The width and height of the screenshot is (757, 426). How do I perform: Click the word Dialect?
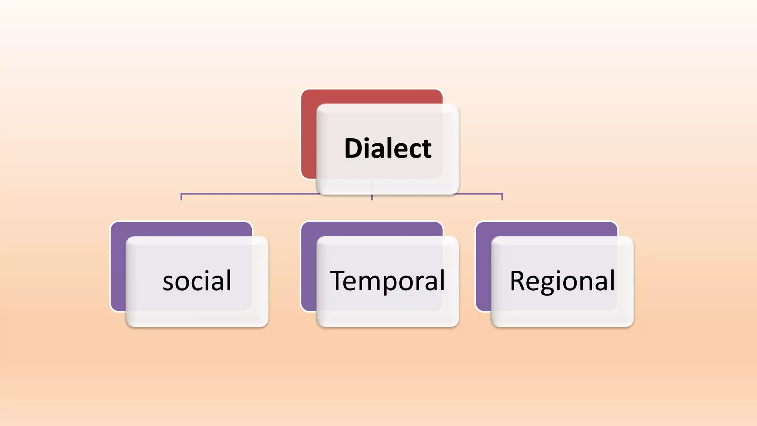(x=387, y=148)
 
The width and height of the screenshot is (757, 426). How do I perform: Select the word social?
(x=197, y=281)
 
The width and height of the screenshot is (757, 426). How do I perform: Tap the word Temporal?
(x=387, y=281)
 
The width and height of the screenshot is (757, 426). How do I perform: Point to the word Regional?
(x=562, y=281)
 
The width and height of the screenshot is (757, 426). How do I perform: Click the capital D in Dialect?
(x=354, y=148)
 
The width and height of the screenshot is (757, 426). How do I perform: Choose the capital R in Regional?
(x=518, y=281)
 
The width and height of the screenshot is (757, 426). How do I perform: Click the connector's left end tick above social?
(x=181, y=197)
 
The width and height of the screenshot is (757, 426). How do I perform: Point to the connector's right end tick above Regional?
(x=502, y=197)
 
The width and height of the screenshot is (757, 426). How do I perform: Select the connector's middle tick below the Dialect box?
(x=372, y=197)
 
